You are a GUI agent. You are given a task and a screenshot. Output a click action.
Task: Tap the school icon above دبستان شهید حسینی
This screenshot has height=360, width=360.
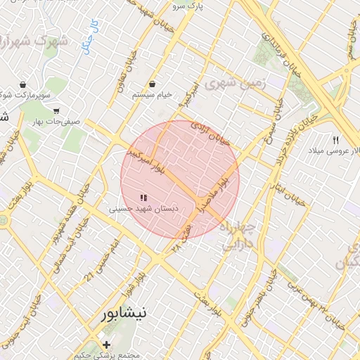(x=143, y=198)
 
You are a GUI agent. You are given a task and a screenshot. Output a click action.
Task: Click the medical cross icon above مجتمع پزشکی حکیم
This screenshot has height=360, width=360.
(x=106, y=345)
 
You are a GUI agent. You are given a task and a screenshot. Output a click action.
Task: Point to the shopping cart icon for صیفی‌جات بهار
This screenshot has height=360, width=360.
(x=56, y=110)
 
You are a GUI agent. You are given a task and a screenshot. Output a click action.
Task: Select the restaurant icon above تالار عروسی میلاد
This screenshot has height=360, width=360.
(x=335, y=141)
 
